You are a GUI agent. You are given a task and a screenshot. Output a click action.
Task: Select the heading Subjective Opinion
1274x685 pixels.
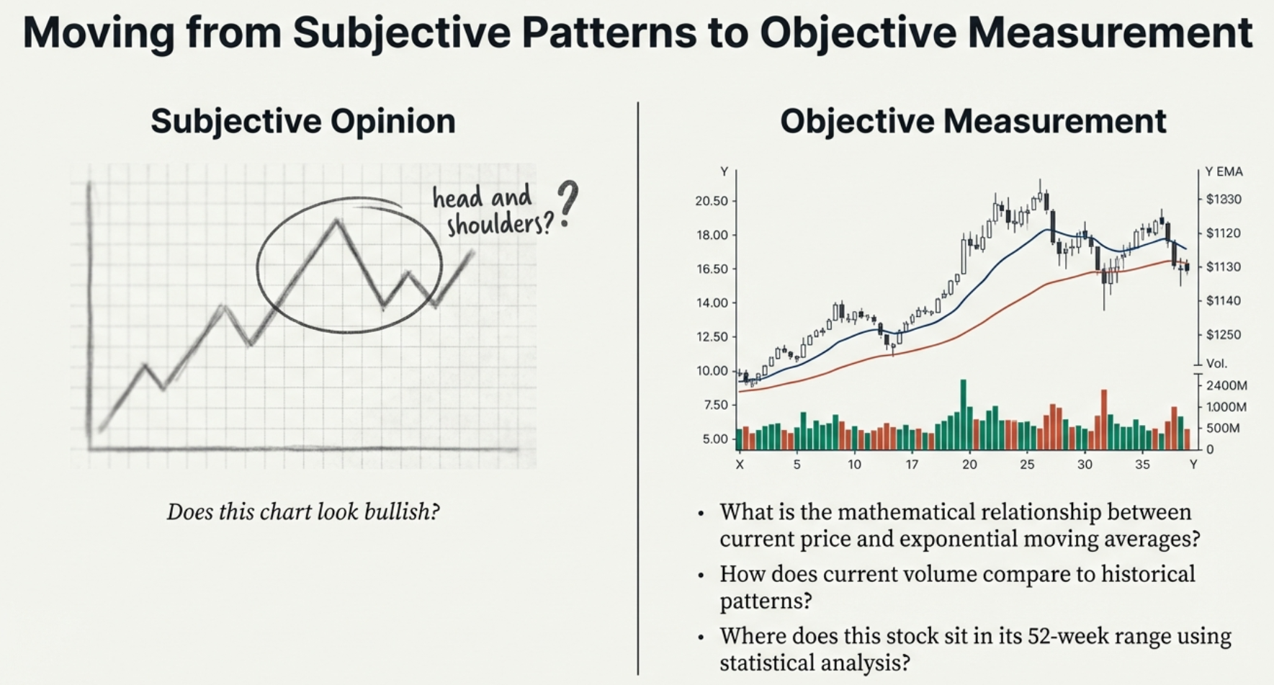[x=303, y=121]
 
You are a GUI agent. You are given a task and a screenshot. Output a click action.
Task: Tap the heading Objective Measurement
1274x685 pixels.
[x=973, y=121]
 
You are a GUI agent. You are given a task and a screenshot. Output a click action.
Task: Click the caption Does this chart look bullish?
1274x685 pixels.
[x=303, y=512]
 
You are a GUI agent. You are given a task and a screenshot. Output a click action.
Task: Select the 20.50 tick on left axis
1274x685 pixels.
[x=711, y=201]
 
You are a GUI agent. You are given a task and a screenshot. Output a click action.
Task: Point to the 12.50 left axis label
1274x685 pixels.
[x=711, y=336]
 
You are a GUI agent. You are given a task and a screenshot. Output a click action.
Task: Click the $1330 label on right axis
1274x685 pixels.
[x=1224, y=200]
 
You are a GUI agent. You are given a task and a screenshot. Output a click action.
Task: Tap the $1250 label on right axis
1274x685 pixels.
[x=1224, y=334]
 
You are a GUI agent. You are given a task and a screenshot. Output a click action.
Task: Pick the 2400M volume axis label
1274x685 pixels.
[x=1226, y=385]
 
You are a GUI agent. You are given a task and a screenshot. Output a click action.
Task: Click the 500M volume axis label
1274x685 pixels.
[x=1223, y=428]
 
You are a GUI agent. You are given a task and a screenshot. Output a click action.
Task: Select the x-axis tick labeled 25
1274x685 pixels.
[x=1027, y=465]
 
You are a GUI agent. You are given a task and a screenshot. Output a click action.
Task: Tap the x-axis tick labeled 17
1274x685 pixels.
[x=912, y=465]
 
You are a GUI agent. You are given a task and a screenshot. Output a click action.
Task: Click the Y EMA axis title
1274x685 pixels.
[x=1224, y=171]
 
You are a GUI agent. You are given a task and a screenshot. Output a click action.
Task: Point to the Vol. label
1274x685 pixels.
[x=1216, y=363]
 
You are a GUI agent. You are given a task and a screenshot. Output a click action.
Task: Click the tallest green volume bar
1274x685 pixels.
[x=963, y=414]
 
